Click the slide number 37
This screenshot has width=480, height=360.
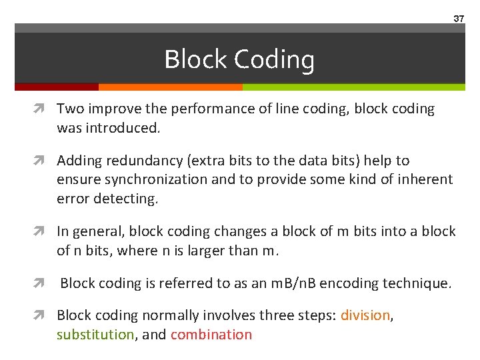pos(459,19)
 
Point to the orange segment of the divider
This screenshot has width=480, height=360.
pos(170,87)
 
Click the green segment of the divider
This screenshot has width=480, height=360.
pos(353,87)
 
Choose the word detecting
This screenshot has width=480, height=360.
pos(125,198)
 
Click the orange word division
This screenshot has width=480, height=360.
pos(365,315)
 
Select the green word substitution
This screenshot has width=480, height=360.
pos(95,334)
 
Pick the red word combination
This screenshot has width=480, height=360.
pos(211,334)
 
